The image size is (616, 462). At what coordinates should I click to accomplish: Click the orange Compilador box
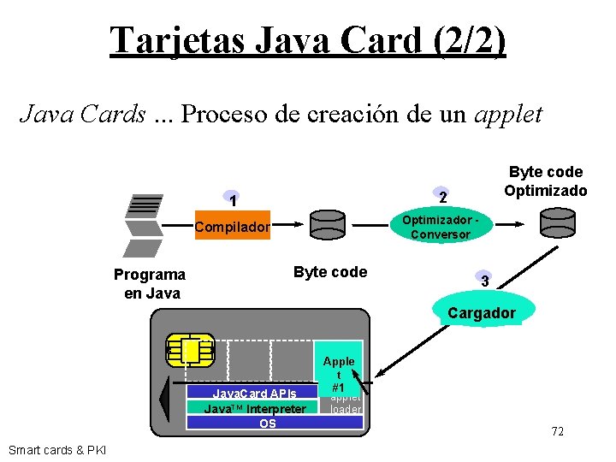pos(232,226)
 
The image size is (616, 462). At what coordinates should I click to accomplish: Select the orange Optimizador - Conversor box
pos(439,225)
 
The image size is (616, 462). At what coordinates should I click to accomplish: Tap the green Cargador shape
pos(482,311)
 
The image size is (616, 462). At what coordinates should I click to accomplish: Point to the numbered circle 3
pos(484,281)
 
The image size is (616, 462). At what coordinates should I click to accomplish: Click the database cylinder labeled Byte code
pos(327,224)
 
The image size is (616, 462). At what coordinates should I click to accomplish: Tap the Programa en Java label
pos(150,283)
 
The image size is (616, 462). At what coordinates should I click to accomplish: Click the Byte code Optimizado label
pos(545,181)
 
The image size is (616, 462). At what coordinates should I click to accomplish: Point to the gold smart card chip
pos(190,350)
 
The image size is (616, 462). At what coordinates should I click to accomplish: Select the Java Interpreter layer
pos(254,408)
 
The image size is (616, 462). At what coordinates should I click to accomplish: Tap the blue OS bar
pos(267,422)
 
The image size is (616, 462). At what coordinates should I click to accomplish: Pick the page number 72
pos(557,431)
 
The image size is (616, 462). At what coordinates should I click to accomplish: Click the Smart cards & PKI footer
pos(56,450)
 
